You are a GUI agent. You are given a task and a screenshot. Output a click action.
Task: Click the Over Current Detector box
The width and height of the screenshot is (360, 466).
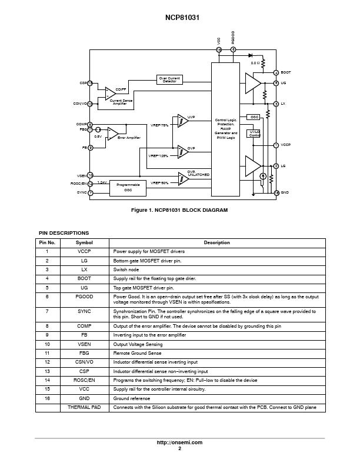point(169,79)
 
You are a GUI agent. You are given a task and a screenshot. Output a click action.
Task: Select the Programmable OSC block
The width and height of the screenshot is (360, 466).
point(128,187)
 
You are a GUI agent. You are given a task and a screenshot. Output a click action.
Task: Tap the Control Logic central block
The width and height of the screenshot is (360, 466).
point(226,129)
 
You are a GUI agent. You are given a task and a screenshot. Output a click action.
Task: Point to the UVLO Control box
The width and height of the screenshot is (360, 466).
point(254,134)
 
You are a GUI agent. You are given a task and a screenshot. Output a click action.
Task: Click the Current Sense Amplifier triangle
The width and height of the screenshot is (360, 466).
point(110,94)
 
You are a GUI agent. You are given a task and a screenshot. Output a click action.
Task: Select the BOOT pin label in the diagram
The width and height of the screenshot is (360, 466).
point(286,72)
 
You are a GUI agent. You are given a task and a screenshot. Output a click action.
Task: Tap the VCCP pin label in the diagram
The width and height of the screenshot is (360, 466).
point(286,145)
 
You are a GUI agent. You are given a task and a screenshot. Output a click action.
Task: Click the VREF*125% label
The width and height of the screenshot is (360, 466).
point(159,156)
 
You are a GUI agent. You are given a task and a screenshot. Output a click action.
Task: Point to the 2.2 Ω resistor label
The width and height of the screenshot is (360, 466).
point(255,62)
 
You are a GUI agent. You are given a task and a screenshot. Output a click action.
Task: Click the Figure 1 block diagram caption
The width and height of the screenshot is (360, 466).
point(179,210)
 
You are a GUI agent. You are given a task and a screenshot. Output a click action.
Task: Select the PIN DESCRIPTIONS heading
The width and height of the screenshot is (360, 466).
point(64,233)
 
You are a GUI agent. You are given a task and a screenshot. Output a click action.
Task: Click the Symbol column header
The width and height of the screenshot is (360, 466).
point(84,242)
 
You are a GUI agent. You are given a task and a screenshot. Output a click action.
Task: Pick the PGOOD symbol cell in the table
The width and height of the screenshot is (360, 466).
point(84,297)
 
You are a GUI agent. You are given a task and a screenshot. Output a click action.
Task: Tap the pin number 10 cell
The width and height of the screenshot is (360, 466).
point(47,344)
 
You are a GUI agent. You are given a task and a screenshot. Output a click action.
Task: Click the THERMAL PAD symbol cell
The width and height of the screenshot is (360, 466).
point(84,407)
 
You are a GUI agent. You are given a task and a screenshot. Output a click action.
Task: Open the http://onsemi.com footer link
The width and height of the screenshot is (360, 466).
point(179,442)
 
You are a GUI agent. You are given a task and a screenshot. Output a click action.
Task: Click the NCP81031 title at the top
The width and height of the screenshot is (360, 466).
point(179,18)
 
